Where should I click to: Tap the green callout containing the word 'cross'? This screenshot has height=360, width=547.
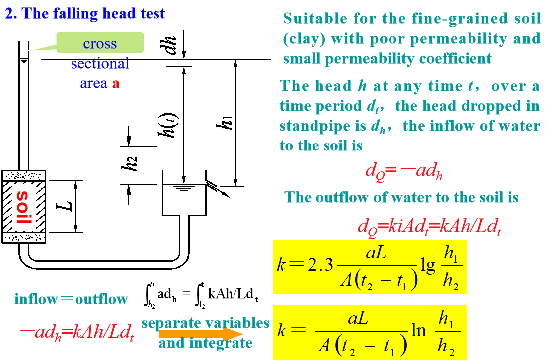100,43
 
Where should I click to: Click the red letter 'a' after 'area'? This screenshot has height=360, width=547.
115,83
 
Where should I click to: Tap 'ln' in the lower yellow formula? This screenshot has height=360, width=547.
419,330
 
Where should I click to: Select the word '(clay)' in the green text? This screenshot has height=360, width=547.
304,39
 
